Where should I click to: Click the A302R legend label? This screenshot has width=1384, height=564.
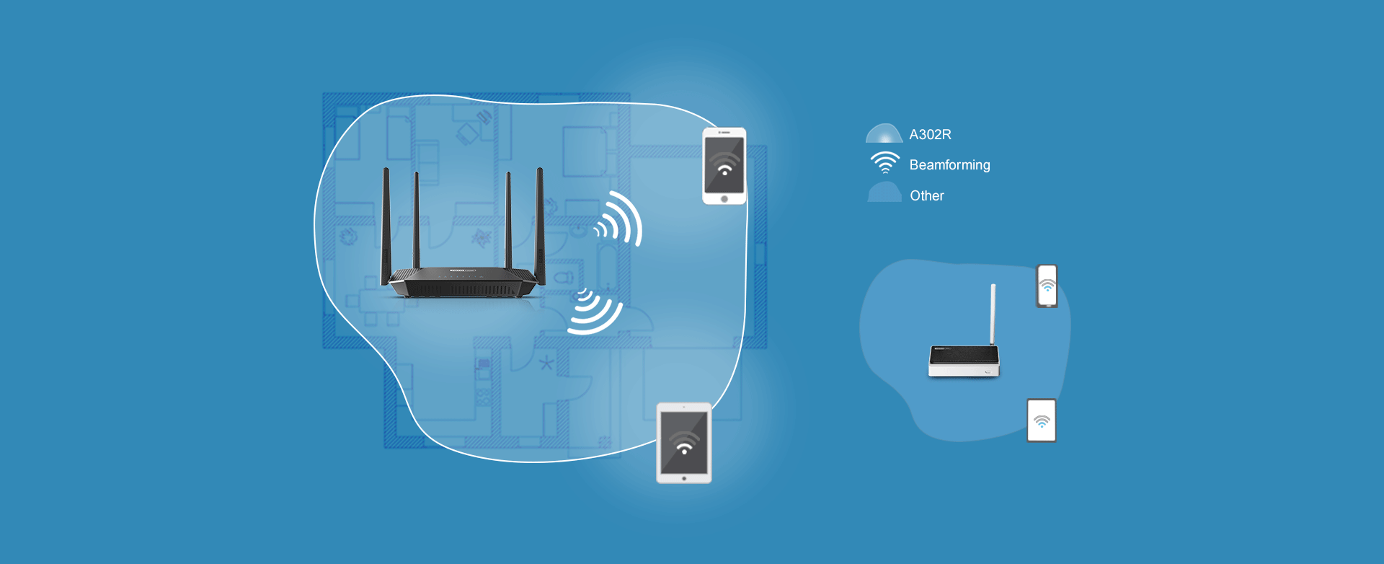[x=930, y=135]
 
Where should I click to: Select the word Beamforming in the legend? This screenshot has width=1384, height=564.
[x=949, y=165]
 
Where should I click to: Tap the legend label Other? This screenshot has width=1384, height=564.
[x=926, y=195]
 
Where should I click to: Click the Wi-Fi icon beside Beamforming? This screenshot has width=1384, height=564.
[x=885, y=163]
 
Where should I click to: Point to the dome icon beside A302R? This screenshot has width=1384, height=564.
[x=884, y=134]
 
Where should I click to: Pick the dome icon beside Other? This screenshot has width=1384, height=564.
[x=884, y=193]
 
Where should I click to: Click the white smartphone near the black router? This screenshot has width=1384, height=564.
[x=724, y=166]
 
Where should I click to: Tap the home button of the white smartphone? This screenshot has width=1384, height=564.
[x=724, y=199]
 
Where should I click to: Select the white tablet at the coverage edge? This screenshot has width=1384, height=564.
[x=684, y=443]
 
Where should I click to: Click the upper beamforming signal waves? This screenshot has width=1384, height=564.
[x=619, y=219]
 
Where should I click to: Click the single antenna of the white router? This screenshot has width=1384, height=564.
[x=993, y=314]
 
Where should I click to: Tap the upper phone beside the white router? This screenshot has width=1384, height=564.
[x=1047, y=286]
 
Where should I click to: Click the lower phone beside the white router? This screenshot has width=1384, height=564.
[x=1041, y=420]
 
